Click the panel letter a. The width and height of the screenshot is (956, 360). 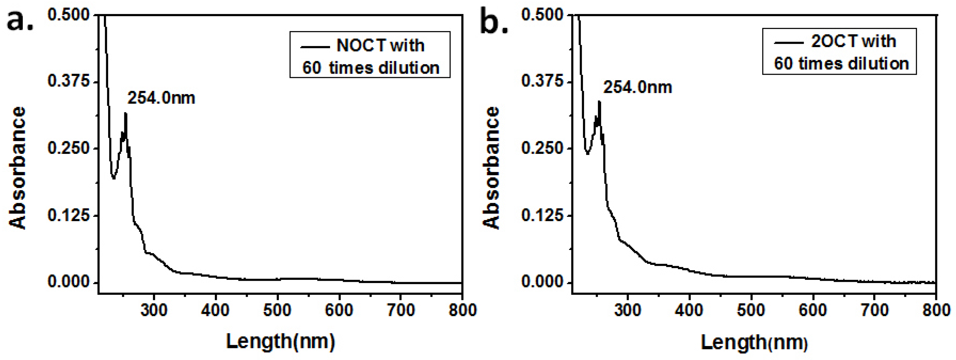pos(19,21)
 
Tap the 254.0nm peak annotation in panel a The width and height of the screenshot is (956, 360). pos(161,98)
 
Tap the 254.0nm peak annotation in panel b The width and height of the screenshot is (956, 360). pos(637,88)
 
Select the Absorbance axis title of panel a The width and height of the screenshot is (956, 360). pos(18,168)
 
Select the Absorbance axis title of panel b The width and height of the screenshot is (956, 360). pos(491,168)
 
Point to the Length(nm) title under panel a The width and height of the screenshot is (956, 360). pos(280,341)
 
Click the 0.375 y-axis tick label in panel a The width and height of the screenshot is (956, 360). pos(69,81)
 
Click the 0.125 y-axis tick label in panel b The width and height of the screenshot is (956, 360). pos(542,215)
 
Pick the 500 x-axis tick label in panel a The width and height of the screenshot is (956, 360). pos(277,310)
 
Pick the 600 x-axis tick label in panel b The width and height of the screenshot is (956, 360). pos(813,310)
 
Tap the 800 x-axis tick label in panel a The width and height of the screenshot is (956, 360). pos(462,310)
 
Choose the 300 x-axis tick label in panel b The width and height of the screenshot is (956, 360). pos(627,310)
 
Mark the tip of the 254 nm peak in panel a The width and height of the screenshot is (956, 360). pos(126,113)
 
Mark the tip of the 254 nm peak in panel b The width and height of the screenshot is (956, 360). pos(599,101)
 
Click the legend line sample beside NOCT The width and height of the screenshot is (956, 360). pos(315,47)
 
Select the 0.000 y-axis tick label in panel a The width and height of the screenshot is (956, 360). pos(69,282)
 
